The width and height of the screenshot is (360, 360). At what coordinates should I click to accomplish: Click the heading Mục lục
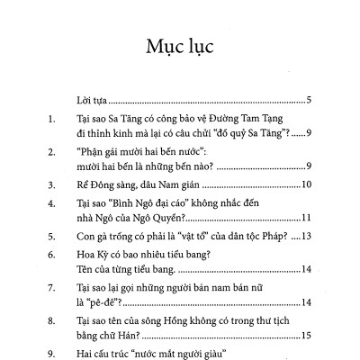(179, 46)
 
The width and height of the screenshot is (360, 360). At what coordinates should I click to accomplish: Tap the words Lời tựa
(92, 100)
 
